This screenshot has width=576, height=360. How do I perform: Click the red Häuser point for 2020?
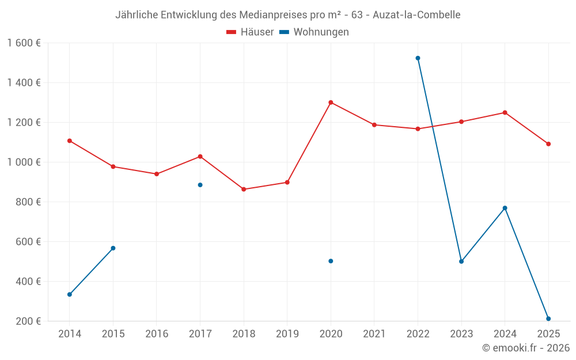coord(331,103)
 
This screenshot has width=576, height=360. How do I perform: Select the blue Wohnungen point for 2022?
coord(418,58)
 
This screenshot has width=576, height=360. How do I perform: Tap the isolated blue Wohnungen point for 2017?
coord(200,185)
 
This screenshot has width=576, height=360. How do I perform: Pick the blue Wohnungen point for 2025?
coord(548,319)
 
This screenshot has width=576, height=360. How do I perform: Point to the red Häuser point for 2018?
coord(244,189)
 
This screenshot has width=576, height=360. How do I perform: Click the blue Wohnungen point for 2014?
coord(70,294)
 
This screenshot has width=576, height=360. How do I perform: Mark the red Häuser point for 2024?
coord(505,112)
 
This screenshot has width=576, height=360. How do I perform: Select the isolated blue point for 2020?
coord(331,261)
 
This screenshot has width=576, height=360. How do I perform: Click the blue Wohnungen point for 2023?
coord(461,262)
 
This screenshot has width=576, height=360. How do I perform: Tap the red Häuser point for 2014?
coord(70,141)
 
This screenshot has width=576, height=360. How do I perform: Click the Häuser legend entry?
coord(250,32)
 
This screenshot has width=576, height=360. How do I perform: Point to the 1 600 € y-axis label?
coord(24,43)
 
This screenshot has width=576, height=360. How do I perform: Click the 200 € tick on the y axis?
coord(29,321)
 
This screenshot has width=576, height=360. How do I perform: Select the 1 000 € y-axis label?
coord(24,162)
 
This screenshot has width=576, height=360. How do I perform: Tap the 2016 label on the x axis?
coord(157,334)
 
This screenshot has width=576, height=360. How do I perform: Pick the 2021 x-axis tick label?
coord(374,334)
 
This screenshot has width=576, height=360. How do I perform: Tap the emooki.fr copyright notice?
coord(525,348)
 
